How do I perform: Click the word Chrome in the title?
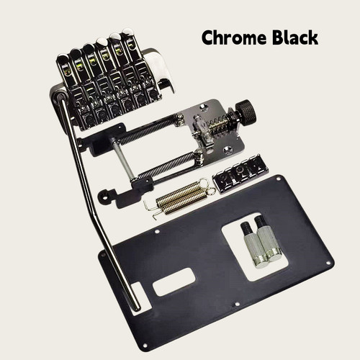tap(234, 37)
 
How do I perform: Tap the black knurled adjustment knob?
tap(246, 112)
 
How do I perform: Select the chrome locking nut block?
tap(240, 174)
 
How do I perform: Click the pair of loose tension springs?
tap(182, 197)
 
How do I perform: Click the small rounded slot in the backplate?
tap(174, 282)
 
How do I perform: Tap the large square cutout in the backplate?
tap(255, 247)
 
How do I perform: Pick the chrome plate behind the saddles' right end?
tap(161, 70)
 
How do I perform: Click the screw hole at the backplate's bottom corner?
tap(145, 345)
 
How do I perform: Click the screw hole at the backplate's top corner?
tap(279, 179)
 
